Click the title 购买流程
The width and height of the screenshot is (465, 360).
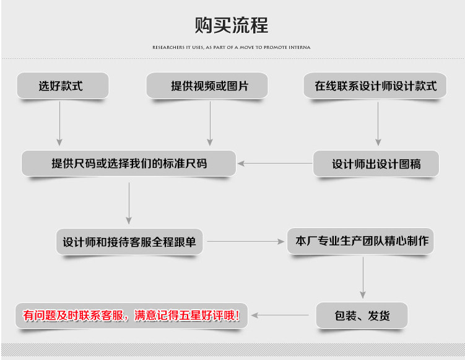[x=232, y=26]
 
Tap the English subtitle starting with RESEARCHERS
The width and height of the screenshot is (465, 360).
[x=231, y=47]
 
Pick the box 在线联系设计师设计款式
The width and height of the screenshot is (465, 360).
[x=376, y=86]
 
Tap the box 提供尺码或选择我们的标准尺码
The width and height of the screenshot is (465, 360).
[x=129, y=164]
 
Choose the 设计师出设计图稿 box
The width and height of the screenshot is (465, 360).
[x=376, y=164]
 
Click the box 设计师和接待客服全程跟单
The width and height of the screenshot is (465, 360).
[x=129, y=242]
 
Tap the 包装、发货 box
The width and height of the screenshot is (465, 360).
[x=362, y=315]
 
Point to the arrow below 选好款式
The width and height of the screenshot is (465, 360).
[x=60, y=123]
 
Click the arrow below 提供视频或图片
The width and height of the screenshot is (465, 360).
[x=210, y=123]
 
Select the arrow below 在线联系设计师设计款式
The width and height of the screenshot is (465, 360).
[x=376, y=123]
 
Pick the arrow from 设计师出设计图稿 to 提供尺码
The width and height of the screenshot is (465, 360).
[x=275, y=164]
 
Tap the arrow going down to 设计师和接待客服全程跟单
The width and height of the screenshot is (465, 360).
[x=129, y=203]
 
